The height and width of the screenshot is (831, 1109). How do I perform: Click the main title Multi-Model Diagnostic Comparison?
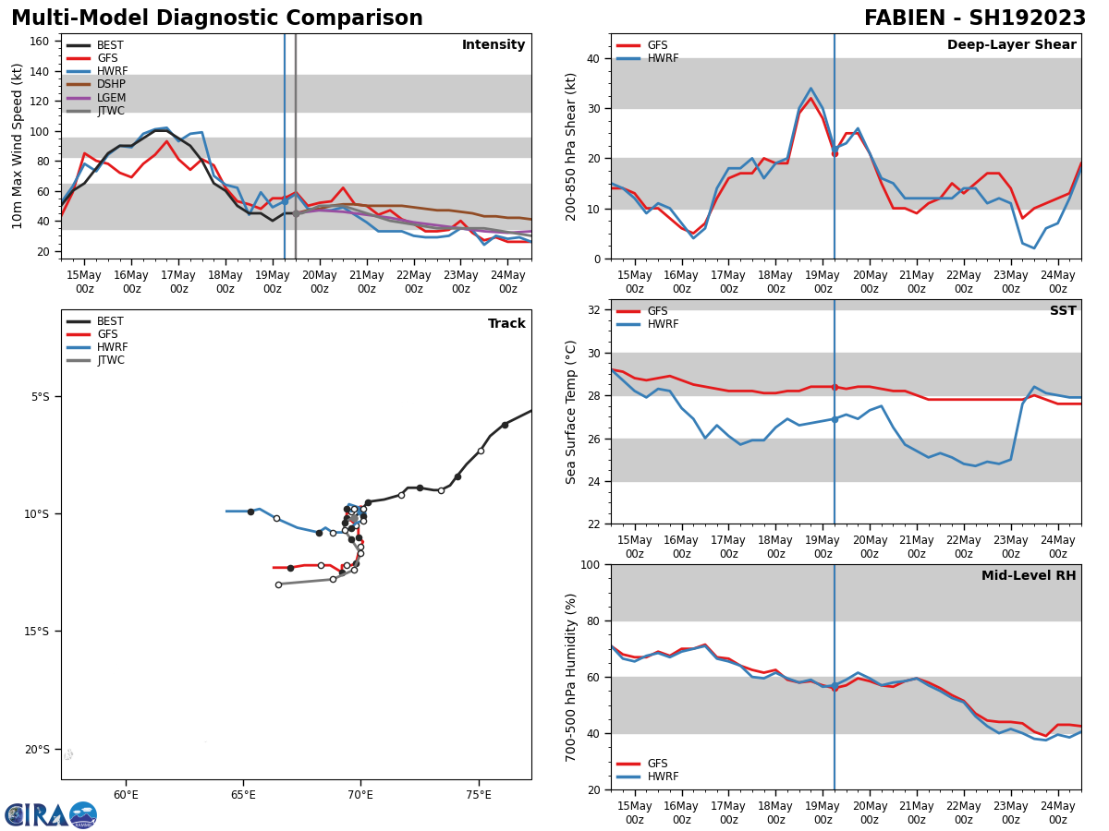click(x=217, y=18)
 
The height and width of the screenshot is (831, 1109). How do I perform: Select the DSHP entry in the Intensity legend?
click(x=112, y=85)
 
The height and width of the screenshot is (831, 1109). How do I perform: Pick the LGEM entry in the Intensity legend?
click(x=112, y=98)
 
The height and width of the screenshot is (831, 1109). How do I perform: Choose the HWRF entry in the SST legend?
click(x=663, y=324)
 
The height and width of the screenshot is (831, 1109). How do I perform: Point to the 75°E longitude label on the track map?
click(x=479, y=793)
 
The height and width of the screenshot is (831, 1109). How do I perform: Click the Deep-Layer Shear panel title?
click(x=1011, y=45)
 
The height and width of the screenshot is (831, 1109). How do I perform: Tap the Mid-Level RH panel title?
click(x=1028, y=576)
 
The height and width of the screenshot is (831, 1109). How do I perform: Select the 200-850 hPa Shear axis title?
click(x=571, y=146)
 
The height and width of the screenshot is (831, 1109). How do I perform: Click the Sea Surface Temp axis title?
click(x=571, y=412)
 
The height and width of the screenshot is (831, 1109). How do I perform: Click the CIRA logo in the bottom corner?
click(x=51, y=814)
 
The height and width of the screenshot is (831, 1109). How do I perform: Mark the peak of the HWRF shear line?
click(x=810, y=89)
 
